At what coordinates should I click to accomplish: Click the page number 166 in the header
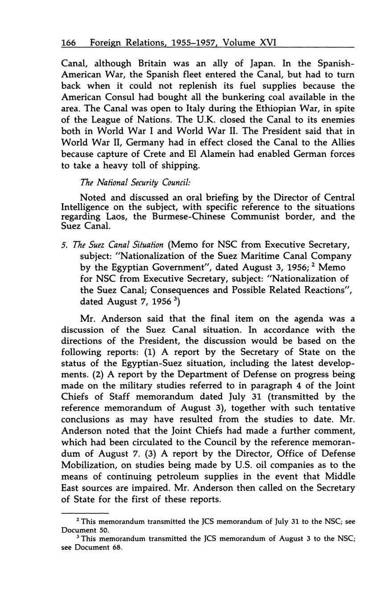(x=69, y=43)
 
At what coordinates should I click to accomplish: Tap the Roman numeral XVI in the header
(x=266, y=43)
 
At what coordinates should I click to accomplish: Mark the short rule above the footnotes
(x=85, y=512)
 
